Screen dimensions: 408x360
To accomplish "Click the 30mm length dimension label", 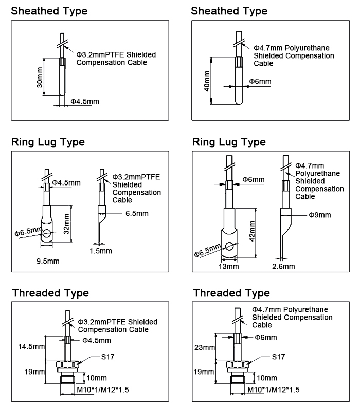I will [39, 76].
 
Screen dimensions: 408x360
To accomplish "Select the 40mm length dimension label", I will [207, 81].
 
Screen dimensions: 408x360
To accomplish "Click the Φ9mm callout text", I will [319, 214].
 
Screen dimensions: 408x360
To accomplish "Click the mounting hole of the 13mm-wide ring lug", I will [229, 247].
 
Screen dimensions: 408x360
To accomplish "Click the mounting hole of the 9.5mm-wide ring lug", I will [47, 234].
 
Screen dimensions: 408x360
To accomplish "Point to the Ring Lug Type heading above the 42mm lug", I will [228, 142].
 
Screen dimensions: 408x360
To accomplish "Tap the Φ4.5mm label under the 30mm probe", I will [84, 101].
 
